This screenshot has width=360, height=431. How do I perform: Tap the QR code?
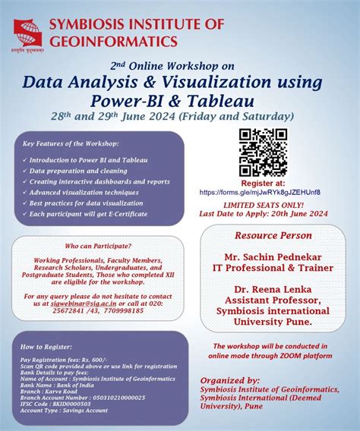click(x=263, y=153)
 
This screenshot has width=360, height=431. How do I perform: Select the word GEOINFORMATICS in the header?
click(x=114, y=39)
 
